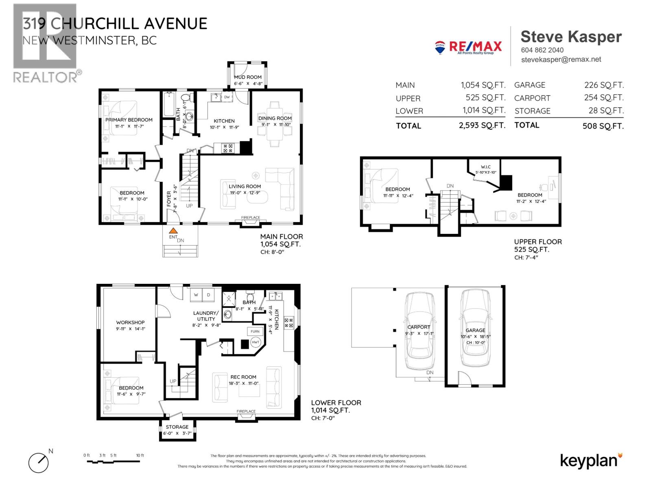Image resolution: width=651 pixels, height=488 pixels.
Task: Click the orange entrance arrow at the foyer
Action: (174, 231)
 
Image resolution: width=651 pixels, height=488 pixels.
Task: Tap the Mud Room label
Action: (247, 77)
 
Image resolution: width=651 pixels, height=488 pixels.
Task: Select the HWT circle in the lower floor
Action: (255, 342)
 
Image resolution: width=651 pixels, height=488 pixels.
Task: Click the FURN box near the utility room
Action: (255, 331)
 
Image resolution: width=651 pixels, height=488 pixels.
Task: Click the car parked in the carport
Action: (419, 331)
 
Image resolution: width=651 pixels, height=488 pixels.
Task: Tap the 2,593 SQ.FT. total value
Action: (482, 126)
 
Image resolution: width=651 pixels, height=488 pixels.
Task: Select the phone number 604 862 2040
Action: (542, 50)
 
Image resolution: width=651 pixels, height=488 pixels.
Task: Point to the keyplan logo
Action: (591, 461)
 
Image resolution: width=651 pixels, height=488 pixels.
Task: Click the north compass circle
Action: (38, 462)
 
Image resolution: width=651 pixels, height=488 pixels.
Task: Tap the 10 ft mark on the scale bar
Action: (140, 455)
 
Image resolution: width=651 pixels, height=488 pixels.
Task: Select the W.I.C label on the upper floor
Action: (486, 167)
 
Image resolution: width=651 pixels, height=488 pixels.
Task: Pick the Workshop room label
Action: (130, 322)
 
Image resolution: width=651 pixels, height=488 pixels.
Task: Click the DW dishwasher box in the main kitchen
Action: (227, 97)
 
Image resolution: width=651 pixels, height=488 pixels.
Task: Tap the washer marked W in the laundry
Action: (196, 295)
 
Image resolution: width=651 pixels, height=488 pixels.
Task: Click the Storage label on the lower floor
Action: (177, 427)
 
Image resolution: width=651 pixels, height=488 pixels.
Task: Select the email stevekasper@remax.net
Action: (561, 59)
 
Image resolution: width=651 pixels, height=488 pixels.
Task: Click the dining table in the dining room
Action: (275, 124)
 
